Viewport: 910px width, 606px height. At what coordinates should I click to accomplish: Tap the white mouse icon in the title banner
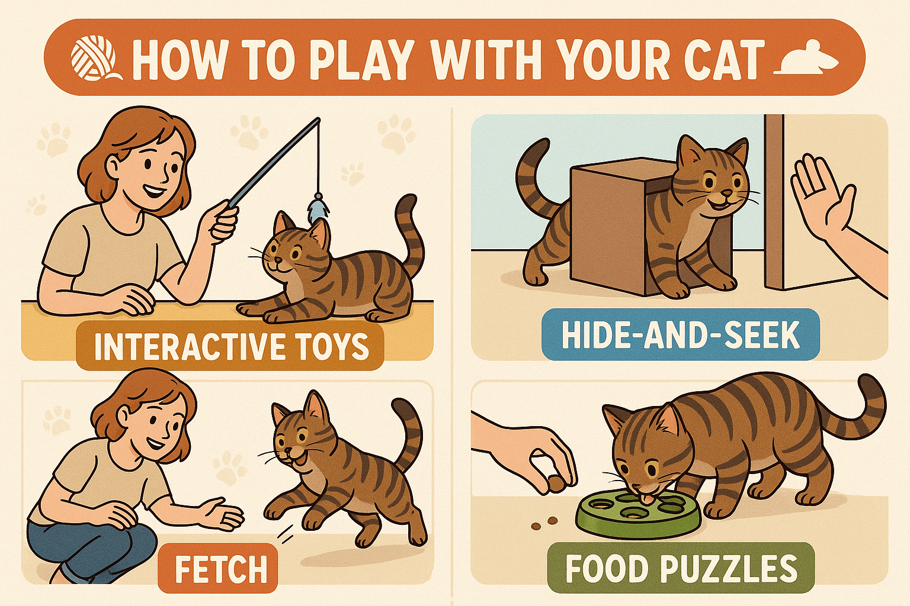(x=807, y=59)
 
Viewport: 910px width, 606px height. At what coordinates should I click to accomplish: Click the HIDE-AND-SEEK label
(x=680, y=334)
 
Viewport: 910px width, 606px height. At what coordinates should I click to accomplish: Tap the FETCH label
(x=218, y=569)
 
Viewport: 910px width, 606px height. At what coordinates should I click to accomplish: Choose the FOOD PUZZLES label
(x=681, y=568)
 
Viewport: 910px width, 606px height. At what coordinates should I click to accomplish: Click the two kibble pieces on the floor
(x=544, y=523)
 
